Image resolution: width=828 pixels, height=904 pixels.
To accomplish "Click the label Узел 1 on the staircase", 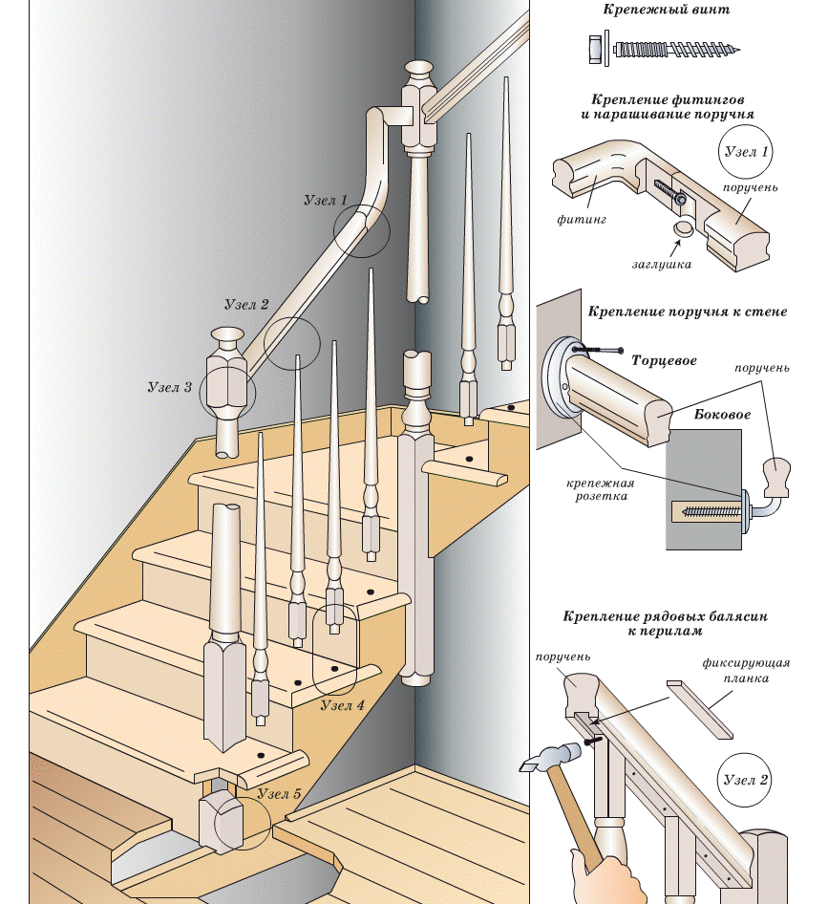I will pyautogui.click(x=325, y=202).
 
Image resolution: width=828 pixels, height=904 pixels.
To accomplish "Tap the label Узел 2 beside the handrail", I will pyautogui.click(x=245, y=305).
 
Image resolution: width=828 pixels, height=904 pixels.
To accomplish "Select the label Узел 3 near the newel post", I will pyautogui.click(x=170, y=388).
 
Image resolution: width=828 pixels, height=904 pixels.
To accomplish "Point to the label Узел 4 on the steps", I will pyautogui.click(x=342, y=705).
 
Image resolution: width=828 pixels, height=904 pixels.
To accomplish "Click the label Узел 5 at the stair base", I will pyautogui.click(x=279, y=794).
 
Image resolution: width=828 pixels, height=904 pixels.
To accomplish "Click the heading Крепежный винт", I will pyautogui.click(x=666, y=11).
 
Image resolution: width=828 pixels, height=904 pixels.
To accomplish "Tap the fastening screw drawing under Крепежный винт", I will pyautogui.click(x=667, y=47).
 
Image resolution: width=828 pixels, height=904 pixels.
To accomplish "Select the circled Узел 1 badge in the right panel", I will pyautogui.click(x=746, y=153).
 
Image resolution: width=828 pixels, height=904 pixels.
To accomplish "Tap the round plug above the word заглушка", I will pyautogui.click(x=683, y=229).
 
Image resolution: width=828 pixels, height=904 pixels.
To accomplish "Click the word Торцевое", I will pyautogui.click(x=664, y=361).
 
